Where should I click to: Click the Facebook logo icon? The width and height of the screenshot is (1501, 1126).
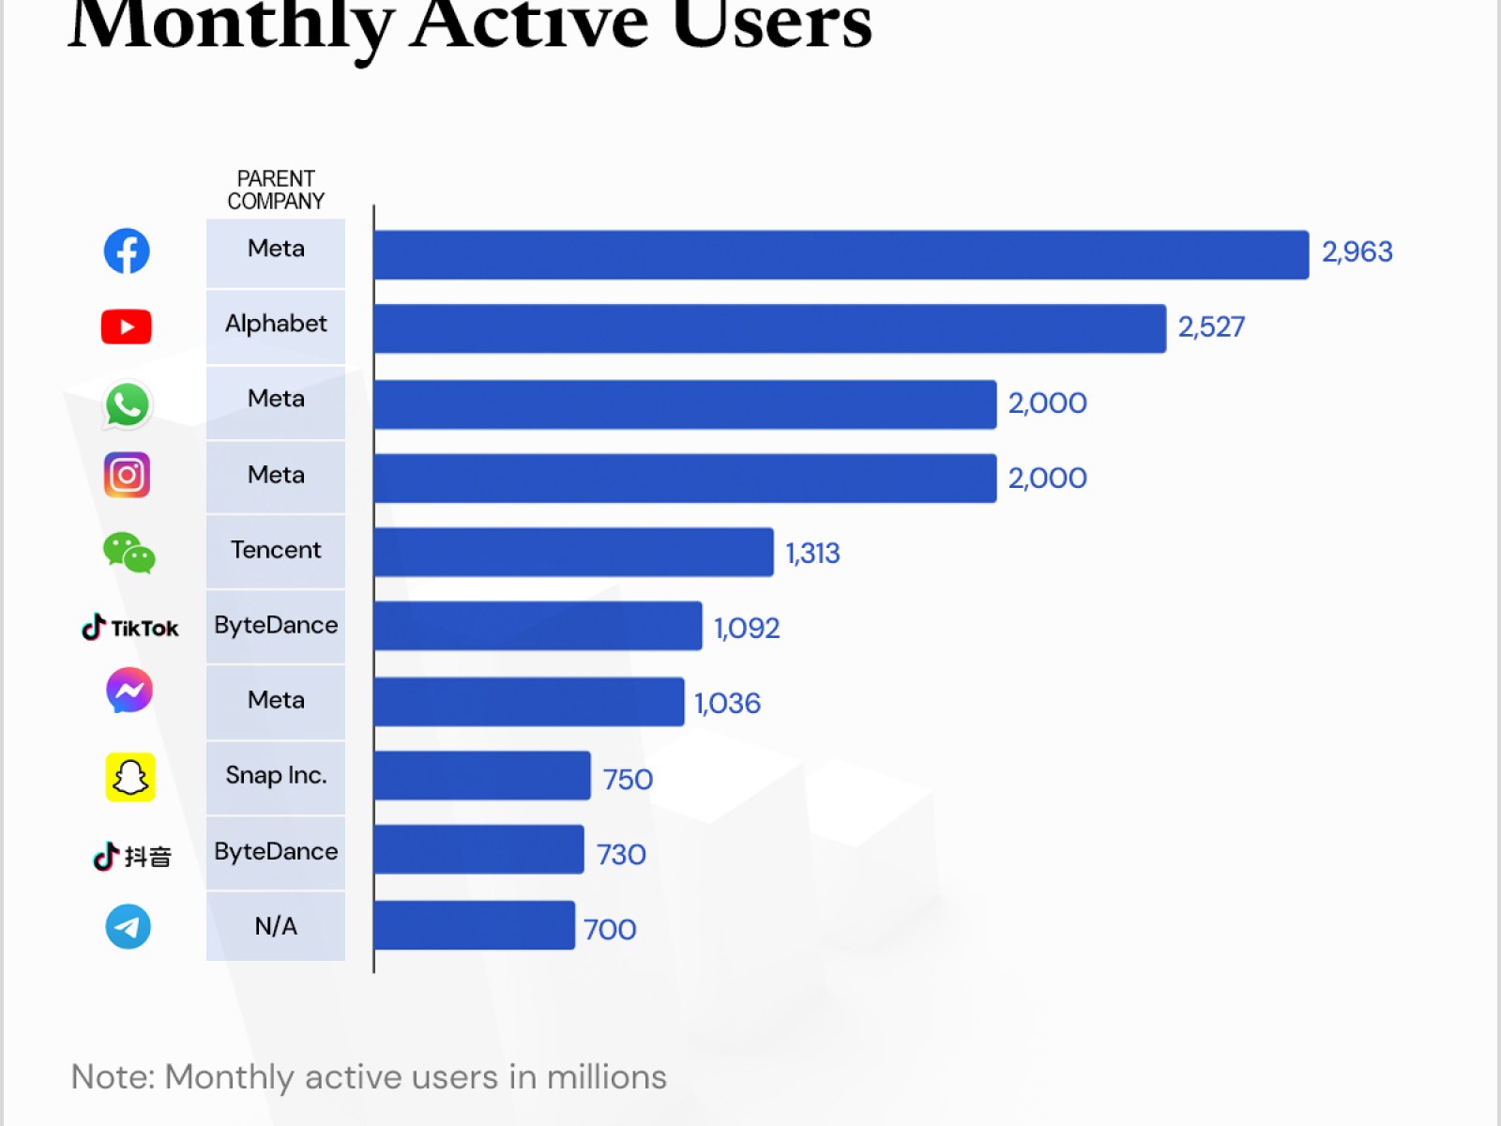[127, 251]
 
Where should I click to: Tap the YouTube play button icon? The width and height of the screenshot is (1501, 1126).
[127, 327]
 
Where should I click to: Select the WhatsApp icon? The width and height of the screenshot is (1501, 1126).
[127, 404]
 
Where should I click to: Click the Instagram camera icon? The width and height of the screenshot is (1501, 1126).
[127, 475]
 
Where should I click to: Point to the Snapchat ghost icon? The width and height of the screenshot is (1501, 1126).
[129, 777]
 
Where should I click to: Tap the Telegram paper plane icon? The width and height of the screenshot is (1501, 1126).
[128, 926]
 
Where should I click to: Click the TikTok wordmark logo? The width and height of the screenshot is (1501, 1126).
[130, 628]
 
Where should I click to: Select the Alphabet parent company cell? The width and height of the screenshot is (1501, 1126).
[276, 325]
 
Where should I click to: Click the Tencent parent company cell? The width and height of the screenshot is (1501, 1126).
[276, 551]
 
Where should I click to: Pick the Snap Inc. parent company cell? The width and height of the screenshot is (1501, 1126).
[276, 776]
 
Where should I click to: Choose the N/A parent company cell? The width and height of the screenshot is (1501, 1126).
[276, 926]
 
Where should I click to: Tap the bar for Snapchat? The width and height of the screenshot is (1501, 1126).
[482, 776]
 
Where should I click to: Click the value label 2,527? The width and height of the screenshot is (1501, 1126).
[1211, 327]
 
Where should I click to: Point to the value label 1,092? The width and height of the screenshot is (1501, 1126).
[747, 628]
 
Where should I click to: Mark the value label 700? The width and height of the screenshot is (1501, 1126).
[610, 929]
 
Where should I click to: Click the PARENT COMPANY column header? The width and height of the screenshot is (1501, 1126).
[276, 190]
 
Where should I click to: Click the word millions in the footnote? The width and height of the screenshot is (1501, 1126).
[606, 1077]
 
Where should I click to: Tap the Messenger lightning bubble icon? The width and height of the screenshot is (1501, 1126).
[129, 691]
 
